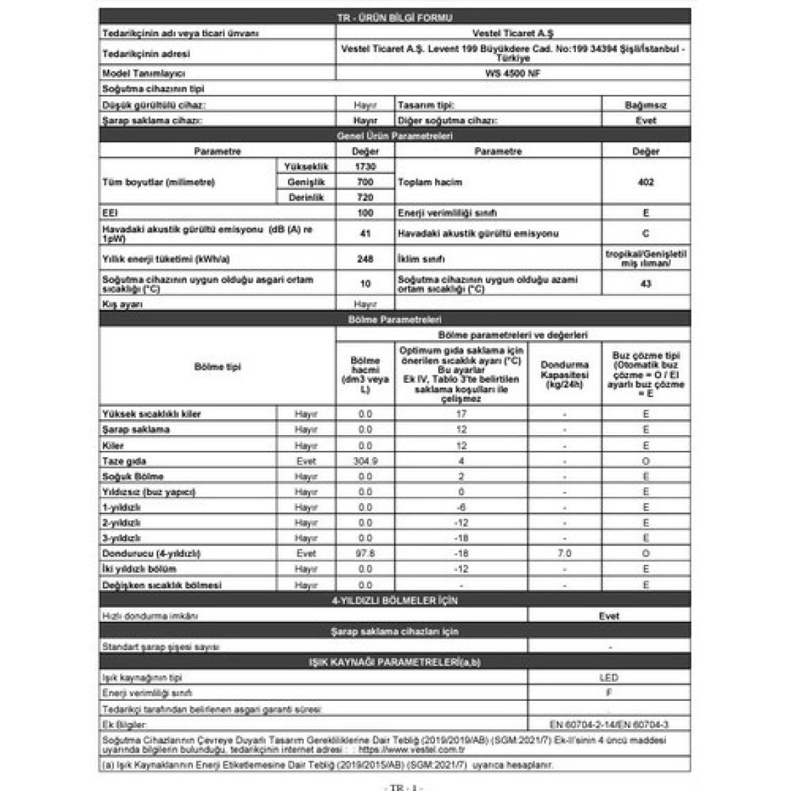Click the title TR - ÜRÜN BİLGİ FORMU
(x=394, y=18)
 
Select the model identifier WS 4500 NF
(x=513, y=74)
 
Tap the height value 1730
(x=365, y=167)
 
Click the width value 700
(x=365, y=182)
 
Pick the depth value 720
(x=365, y=198)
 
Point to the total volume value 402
(x=645, y=182)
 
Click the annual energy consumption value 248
(x=365, y=260)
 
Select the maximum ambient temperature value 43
(x=645, y=284)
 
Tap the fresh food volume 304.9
(x=365, y=461)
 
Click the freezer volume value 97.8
(x=365, y=554)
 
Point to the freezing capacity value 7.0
(x=564, y=554)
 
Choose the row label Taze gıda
(x=124, y=461)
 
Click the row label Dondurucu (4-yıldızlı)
(x=151, y=554)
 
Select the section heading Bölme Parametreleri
(x=394, y=320)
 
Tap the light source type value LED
(x=609, y=678)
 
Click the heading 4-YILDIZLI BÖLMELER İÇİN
(x=394, y=601)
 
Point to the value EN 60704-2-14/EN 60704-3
(x=609, y=724)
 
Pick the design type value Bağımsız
(x=645, y=105)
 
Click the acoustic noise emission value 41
(x=365, y=234)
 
